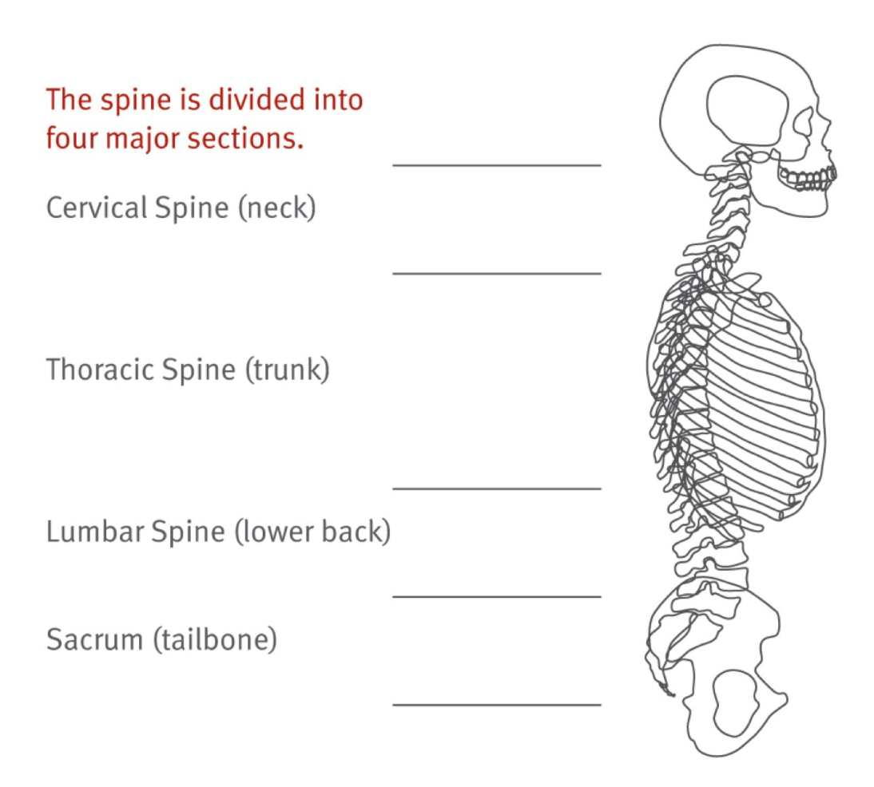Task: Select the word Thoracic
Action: click(101, 370)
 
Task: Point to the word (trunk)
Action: click(287, 370)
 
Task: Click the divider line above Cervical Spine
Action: click(496, 165)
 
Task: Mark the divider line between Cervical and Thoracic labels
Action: click(496, 273)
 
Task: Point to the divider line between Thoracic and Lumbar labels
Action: click(496, 488)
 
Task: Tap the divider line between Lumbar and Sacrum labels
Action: click(496, 596)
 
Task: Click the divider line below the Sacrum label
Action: click(496, 705)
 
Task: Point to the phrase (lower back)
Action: click(312, 532)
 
